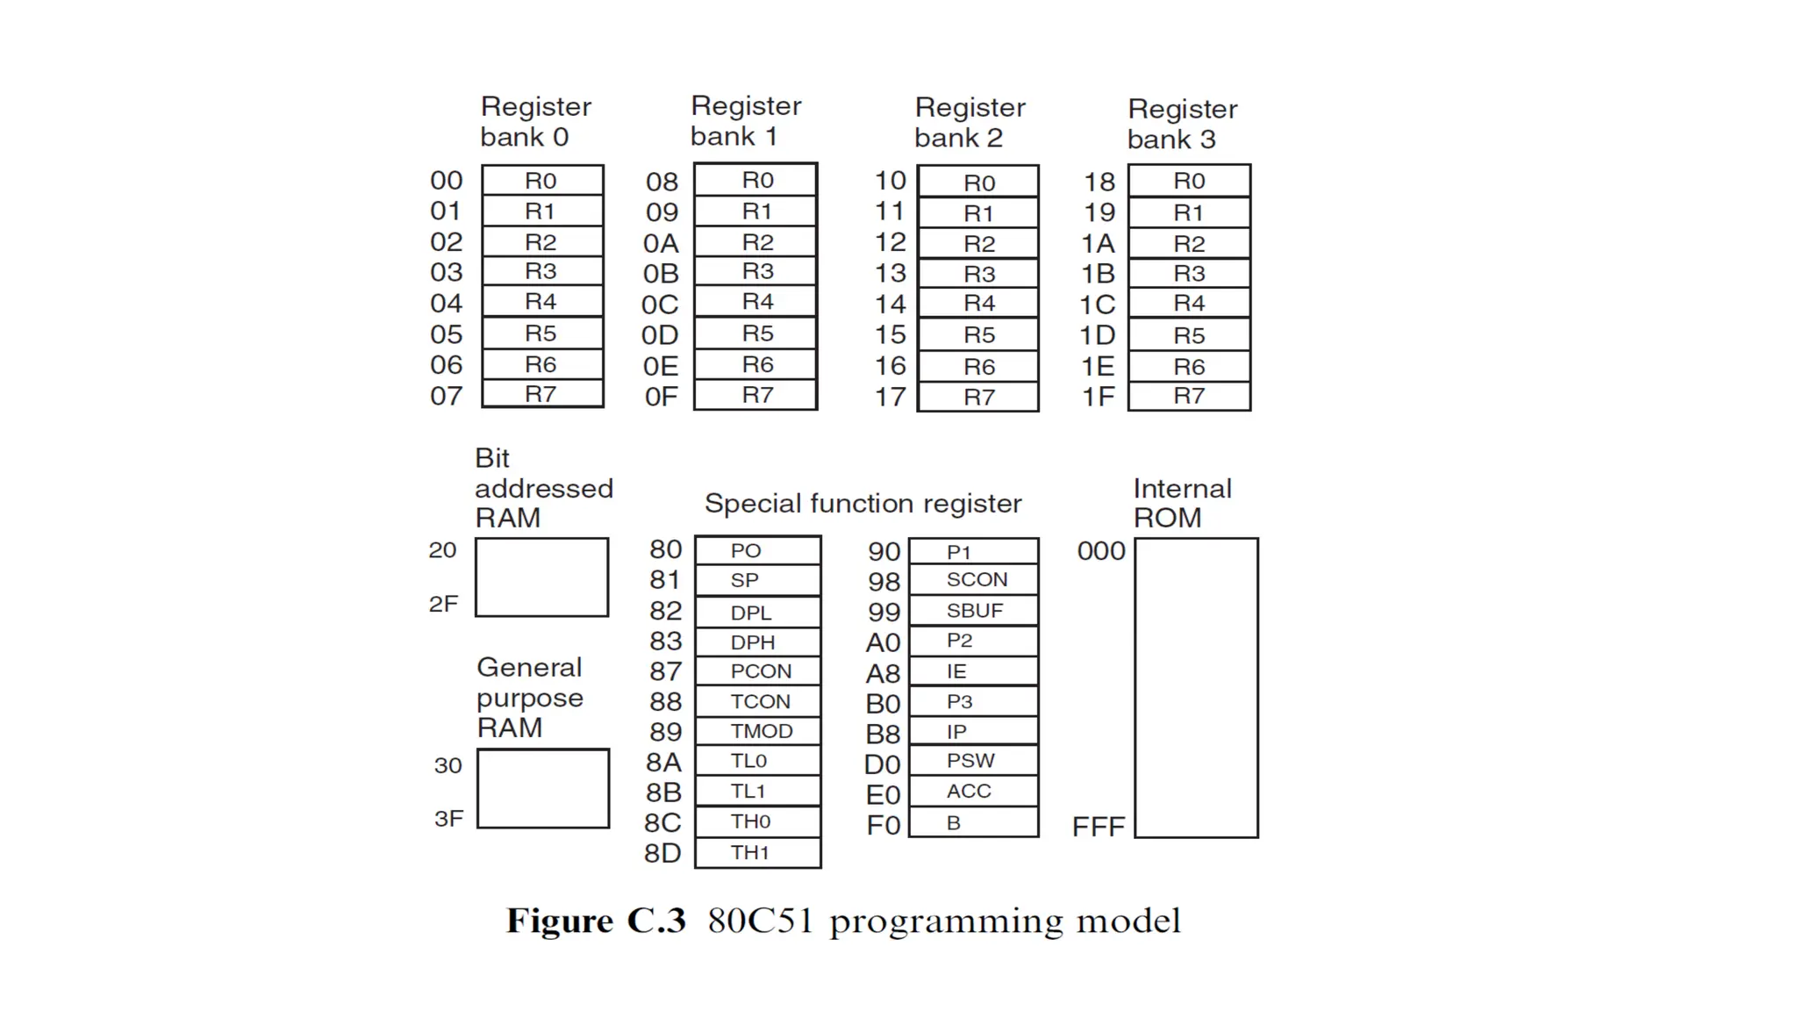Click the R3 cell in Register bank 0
click(541, 271)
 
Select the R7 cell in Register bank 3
click(1189, 396)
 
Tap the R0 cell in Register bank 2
click(978, 183)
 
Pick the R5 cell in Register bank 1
click(756, 333)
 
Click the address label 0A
click(661, 243)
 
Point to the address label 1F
click(1098, 397)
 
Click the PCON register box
click(759, 671)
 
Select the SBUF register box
click(974, 611)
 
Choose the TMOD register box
click(759, 731)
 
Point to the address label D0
click(882, 764)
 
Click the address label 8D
click(662, 853)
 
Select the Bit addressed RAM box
click(541, 577)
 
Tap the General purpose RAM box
click(543, 788)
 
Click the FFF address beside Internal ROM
click(1098, 827)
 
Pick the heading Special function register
click(863, 504)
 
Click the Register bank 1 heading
click(745, 121)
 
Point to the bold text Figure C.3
click(596, 921)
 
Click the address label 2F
click(443, 604)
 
